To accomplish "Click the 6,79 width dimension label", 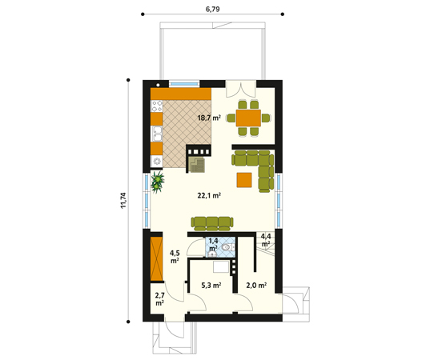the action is [212, 9].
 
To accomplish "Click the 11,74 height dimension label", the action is [123, 201].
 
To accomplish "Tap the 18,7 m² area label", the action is [209, 118].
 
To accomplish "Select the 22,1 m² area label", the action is [209, 195].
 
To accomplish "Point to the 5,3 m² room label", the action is [211, 286].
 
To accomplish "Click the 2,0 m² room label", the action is [256, 286].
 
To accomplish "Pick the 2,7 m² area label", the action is [159, 299].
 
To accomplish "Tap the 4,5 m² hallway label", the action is [175, 257].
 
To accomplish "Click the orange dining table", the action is [248, 118].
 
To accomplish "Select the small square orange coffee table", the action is [244, 180].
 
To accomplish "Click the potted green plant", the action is [157, 182].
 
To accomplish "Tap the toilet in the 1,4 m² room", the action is [227, 247].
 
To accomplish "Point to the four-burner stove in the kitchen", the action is [157, 106].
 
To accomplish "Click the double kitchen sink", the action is [157, 134].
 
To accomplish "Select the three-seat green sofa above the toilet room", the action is [212, 223].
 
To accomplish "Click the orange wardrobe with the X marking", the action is [157, 259].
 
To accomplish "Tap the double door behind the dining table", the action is [241, 89].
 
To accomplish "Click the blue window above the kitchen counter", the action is [183, 83].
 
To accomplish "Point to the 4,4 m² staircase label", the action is [266, 239].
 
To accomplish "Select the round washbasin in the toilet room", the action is [211, 254].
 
